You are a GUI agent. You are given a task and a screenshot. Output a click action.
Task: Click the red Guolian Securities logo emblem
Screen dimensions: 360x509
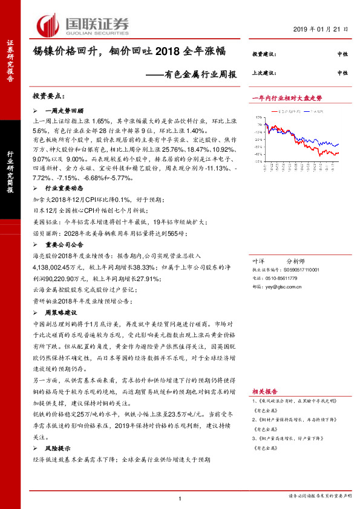48,25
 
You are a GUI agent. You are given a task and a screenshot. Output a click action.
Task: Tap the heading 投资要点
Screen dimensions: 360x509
49,97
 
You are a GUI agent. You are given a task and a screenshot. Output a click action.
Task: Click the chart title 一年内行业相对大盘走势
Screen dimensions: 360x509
286,97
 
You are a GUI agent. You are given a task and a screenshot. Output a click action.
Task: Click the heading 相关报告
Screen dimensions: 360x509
264,392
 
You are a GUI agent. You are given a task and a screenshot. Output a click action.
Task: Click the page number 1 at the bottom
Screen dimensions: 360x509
180,498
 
